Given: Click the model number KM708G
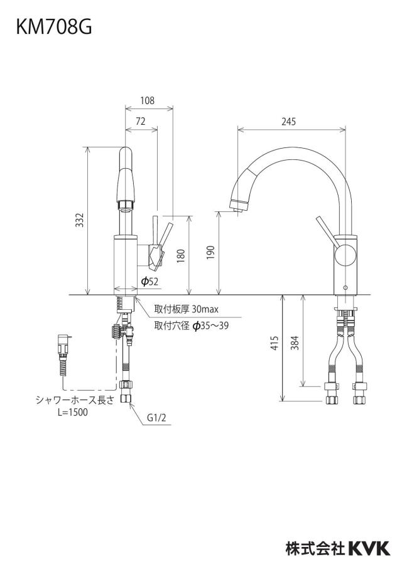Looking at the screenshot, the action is pos(54,27).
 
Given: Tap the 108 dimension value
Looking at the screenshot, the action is pos(148,100).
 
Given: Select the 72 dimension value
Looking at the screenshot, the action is pos(141,121).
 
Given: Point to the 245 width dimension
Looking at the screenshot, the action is pos(289,122).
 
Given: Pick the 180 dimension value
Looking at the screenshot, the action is pos(181,256).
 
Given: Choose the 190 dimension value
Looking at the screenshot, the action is pos(211,253).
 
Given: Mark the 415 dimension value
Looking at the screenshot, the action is pos(275,343).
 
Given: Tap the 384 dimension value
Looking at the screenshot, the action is pos(295,343).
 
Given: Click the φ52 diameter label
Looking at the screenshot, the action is pos(149,282).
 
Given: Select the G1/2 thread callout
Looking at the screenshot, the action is pos(156,418).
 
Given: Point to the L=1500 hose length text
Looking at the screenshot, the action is pos(72,412).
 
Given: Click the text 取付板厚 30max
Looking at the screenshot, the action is pos(186,310).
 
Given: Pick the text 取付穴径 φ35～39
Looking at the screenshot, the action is pos(192,326).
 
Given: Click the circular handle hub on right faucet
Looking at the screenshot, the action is pos(345,255).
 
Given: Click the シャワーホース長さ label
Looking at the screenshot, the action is pos(75,400).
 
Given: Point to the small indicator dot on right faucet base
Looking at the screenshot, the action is pos(344,288).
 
